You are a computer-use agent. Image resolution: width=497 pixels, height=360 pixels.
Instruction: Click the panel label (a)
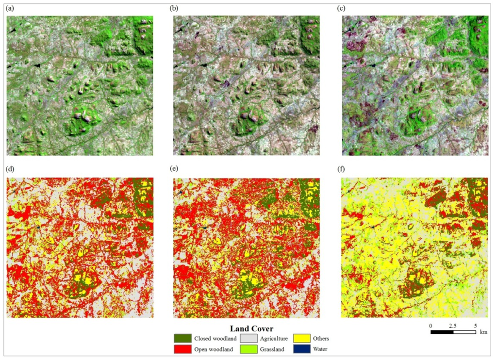pos(10,8)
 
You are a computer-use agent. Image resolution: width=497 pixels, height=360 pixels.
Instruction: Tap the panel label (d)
pos(10,170)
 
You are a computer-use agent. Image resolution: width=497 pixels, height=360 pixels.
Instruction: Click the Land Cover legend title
pos(251,328)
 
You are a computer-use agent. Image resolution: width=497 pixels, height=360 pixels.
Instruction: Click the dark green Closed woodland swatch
pos(183,338)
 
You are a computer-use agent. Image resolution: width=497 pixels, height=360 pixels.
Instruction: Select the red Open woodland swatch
pos(183,348)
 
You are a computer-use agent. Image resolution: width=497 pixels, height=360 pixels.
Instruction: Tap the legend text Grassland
pos(274,349)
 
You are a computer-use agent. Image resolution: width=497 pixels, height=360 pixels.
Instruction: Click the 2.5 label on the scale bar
pos(453,325)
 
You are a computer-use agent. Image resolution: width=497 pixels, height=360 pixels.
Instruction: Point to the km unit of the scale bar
pos(483,332)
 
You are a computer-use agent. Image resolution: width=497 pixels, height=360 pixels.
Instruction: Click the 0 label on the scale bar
pos(431,325)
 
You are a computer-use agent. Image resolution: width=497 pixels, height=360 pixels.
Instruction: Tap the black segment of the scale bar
pos(442,332)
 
